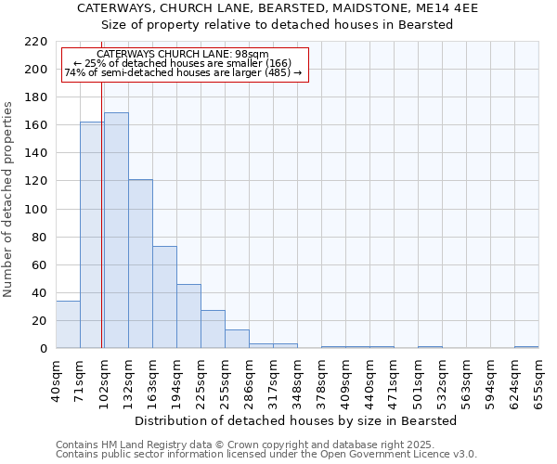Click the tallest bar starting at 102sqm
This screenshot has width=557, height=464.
click(116, 230)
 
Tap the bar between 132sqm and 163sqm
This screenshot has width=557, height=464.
click(140, 264)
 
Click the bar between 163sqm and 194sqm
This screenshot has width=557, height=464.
click(164, 297)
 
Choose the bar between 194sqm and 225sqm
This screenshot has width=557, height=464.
click(188, 316)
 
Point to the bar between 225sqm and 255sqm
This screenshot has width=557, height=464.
click(213, 329)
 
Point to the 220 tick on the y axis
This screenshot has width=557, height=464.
click(38, 42)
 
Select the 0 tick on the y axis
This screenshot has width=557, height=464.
click(44, 349)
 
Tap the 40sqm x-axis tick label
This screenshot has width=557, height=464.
click(56, 380)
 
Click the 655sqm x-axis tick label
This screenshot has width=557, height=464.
click(538, 380)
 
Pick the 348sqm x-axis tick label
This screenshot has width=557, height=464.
click(297, 380)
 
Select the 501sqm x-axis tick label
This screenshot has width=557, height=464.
click(418, 380)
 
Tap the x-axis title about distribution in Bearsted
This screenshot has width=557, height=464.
click(295, 420)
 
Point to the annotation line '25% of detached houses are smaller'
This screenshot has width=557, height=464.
click(183, 63)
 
